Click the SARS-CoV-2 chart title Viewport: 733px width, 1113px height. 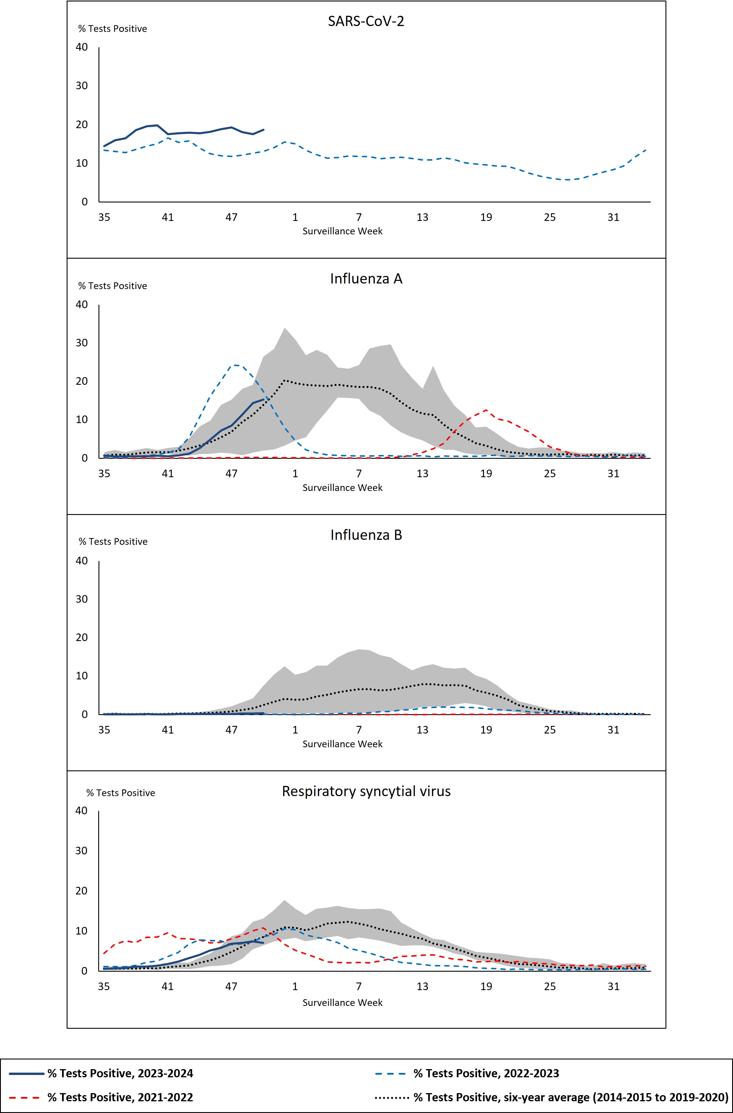[366, 22]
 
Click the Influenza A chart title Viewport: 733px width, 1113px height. [366, 279]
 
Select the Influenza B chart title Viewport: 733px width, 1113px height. [366, 535]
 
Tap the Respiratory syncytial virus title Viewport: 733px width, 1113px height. [366, 791]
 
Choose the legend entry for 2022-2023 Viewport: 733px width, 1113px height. [486, 1073]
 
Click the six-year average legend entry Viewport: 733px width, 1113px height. [570, 1097]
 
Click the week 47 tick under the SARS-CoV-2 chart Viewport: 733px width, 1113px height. [231, 217]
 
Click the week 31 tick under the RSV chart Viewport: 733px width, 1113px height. [613, 986]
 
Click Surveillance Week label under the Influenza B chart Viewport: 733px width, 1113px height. [342, 744]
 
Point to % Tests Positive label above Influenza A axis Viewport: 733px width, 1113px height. [112, 286]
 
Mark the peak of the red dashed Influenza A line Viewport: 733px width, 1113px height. [486, 410]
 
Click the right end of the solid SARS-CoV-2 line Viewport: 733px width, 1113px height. [264, 130]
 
